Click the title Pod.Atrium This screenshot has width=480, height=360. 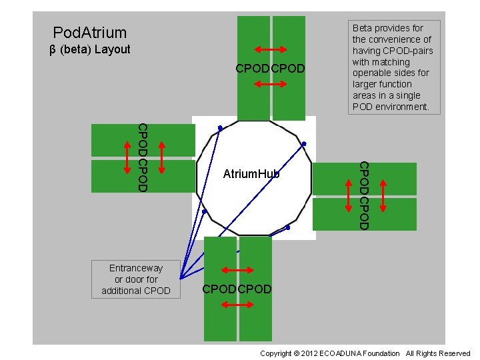pos(89,32)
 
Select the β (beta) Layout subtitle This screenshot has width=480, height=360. pos(90,49)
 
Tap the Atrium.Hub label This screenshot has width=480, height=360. pos(251,174)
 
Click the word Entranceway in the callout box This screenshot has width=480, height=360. pos(136,268)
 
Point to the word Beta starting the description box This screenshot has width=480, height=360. pos(363,28)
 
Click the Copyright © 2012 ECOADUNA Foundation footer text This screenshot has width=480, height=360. pos(329,353)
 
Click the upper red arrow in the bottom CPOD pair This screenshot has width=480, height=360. pos(237,270)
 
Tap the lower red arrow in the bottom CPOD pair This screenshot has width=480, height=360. pos(237,305)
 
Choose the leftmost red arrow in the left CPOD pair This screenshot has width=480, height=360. pos(127,157)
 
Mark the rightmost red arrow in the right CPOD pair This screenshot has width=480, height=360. pos(383,197)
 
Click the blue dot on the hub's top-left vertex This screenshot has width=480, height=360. pos(220,127)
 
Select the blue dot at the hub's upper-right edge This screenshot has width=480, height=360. pos(304,143)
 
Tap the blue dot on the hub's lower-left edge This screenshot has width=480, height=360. pos(205,212)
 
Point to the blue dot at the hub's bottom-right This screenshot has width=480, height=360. pos(289,227)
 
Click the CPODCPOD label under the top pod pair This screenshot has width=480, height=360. pos(271,69)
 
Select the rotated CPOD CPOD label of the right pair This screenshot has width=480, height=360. pos(364,195)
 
